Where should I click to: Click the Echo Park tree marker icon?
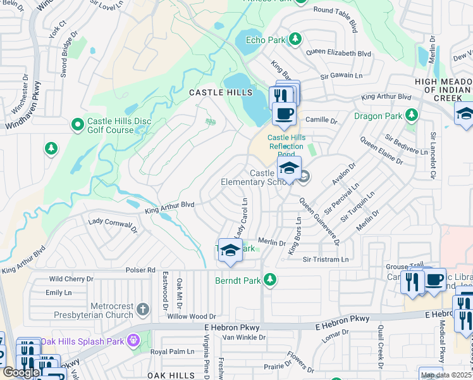click(x=295, y=39)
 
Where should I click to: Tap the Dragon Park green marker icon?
click(x=412, y=115)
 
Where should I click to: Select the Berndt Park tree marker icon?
click(x=270, y=279)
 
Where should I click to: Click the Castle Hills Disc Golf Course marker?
click(x=78, y=125)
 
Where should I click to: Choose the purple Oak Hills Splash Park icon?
click(x=133, y=341)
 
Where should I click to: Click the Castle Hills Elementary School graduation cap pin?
click(x=289, y=169)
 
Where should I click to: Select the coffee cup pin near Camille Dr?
click(x=284, y=114)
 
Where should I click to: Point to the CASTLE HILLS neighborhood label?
click(x=216, y=92)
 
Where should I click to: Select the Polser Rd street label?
click(x=142, y=270)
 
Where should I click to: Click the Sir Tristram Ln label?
click(x=326, y=260)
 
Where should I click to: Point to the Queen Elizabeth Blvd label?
click(x=339, y=54)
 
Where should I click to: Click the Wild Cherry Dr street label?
click(x=71, y=279)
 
